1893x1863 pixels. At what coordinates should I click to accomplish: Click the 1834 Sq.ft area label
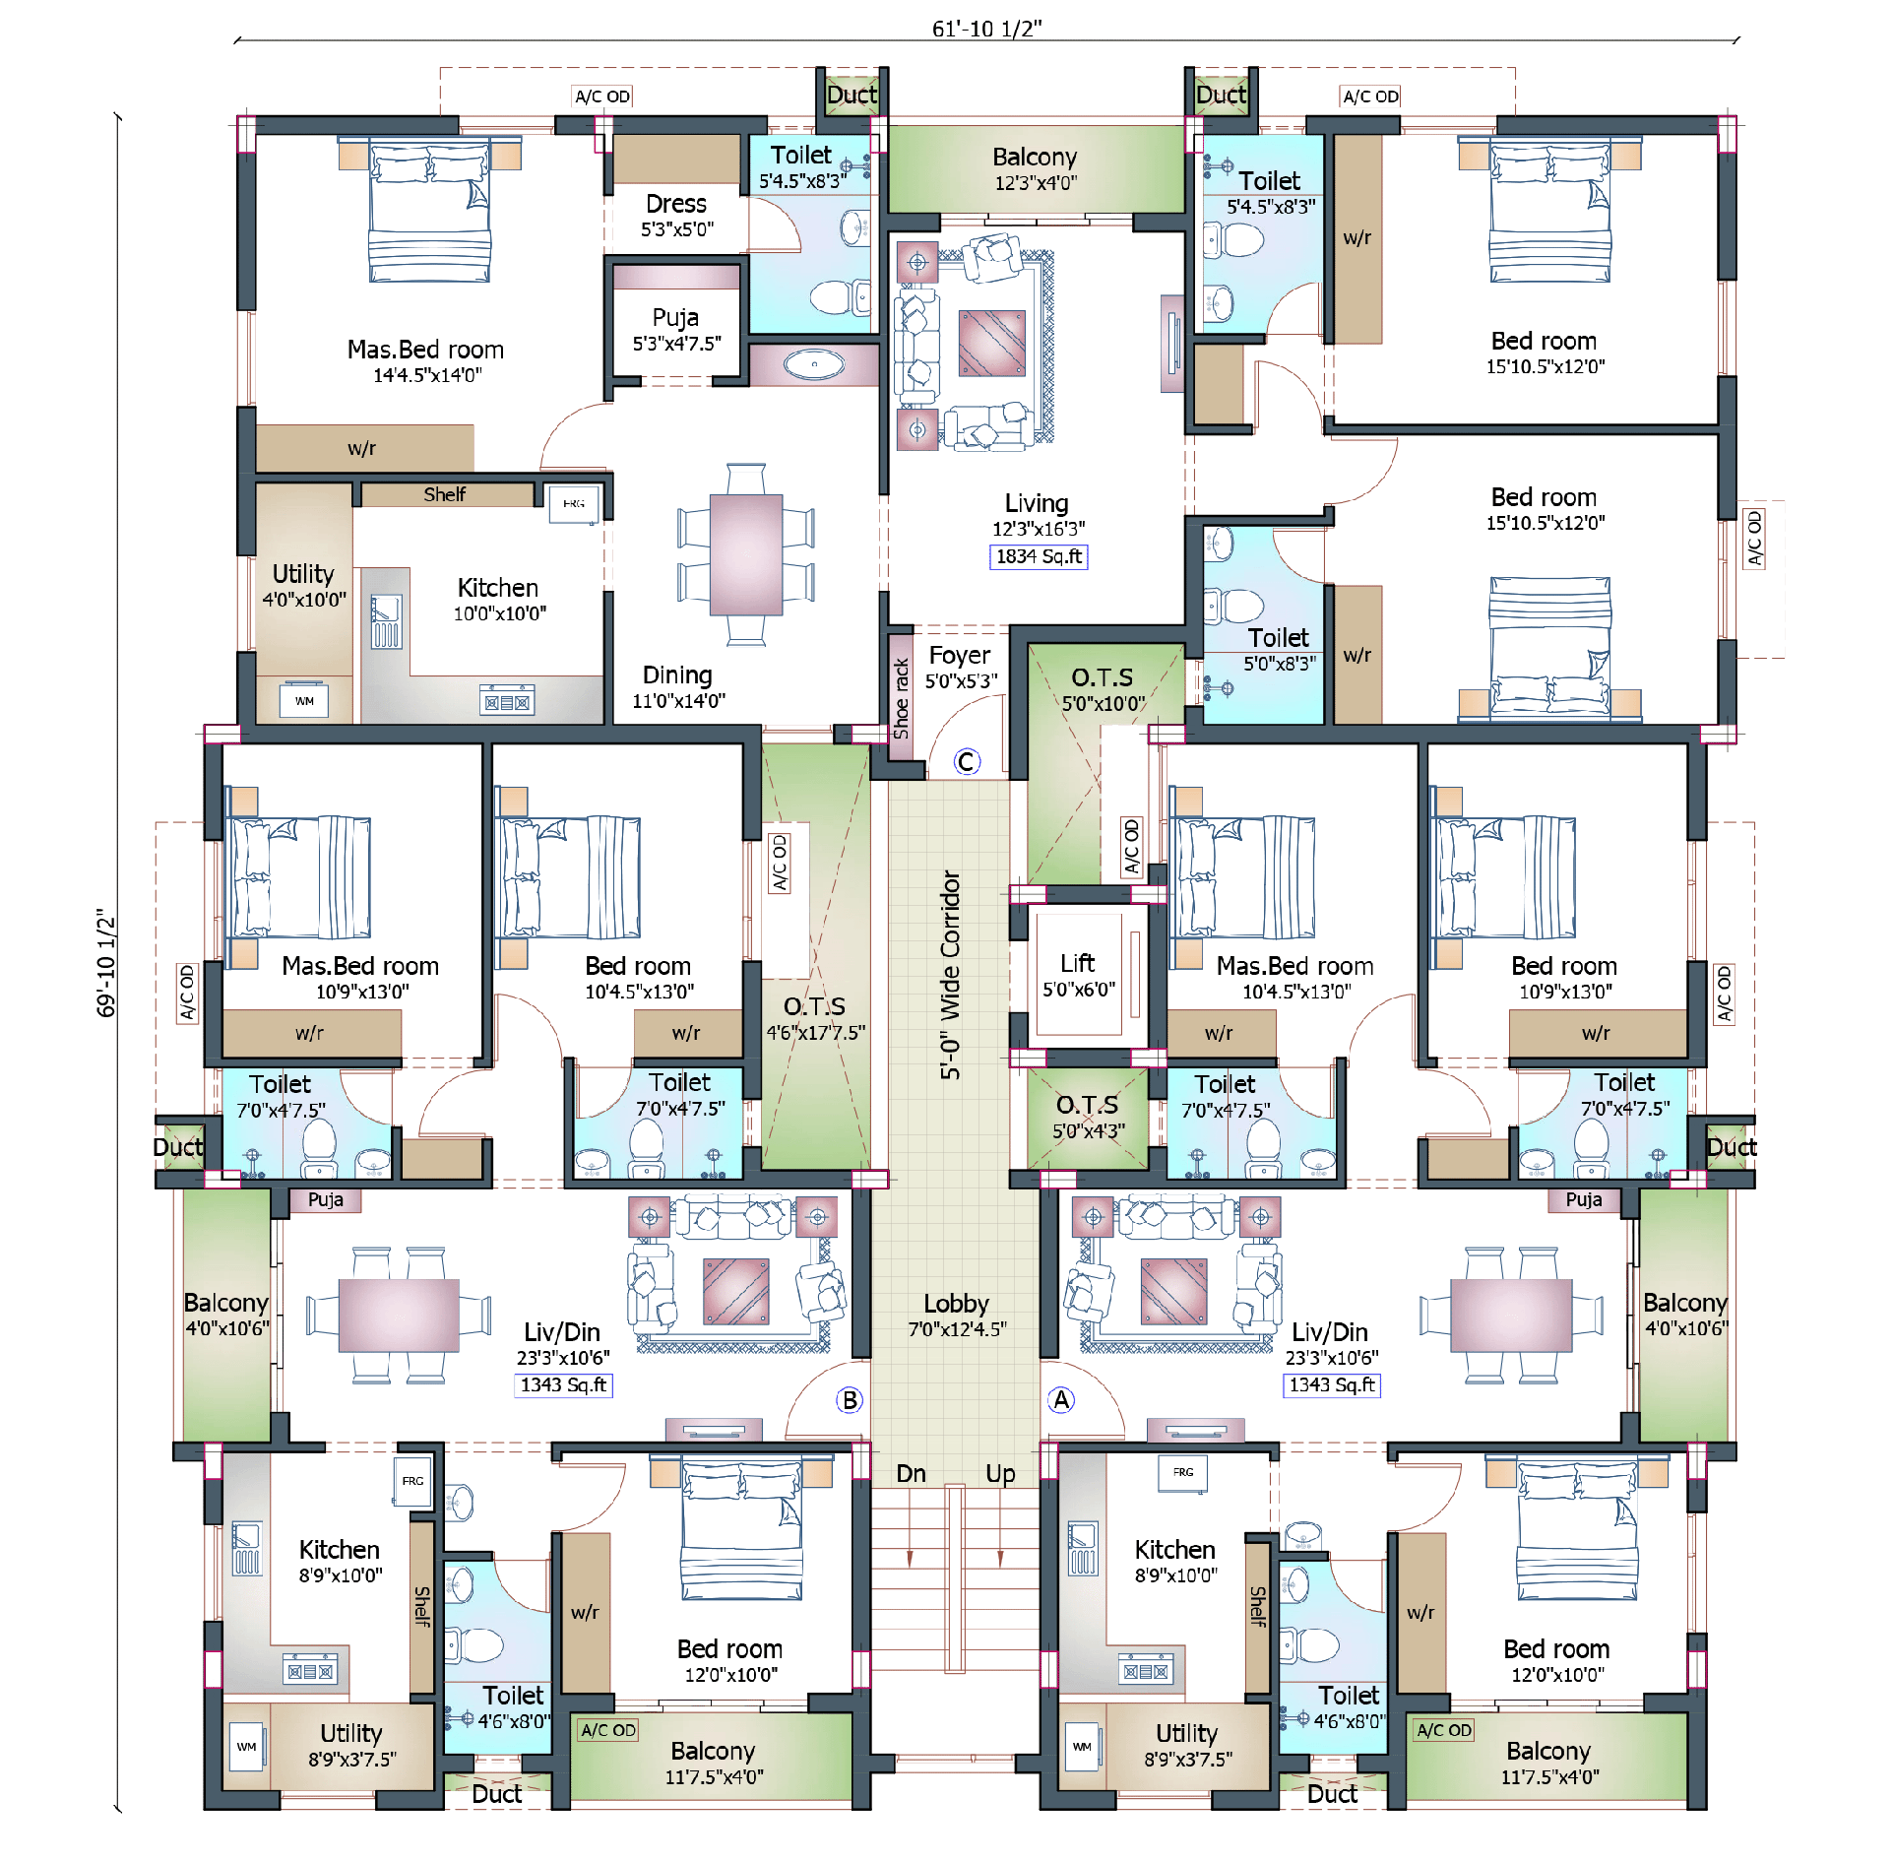tap(1038, 557)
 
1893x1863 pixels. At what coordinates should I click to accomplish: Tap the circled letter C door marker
tap(967, 761)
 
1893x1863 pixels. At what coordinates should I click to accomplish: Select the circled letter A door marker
tap(1061, 1399)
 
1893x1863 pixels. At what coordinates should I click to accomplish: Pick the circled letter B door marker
tap(850, 1399)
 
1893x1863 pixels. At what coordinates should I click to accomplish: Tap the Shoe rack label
tap(901, 699)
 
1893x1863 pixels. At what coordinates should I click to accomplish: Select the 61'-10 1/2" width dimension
tap(986, 29)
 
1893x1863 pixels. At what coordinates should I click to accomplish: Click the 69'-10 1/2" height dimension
tap(105, 962)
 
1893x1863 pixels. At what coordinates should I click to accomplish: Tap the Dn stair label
tap(911, 1473)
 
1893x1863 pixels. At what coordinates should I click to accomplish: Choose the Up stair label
tap(1000, 1474)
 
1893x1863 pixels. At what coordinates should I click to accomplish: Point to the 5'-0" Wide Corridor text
tap(950, 975)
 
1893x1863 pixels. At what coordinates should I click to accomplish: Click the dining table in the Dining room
tap(746, 553)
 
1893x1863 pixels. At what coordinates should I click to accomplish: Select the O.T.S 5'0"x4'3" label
tap(1088, 1117)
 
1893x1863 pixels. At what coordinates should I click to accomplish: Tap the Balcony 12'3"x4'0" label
tap(1036, 168)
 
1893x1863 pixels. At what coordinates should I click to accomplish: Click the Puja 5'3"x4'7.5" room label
tap(676, 330)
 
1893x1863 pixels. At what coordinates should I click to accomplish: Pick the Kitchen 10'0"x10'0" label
tap(499, 600)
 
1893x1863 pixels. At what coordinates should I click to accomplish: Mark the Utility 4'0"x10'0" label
tap(304, 586)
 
